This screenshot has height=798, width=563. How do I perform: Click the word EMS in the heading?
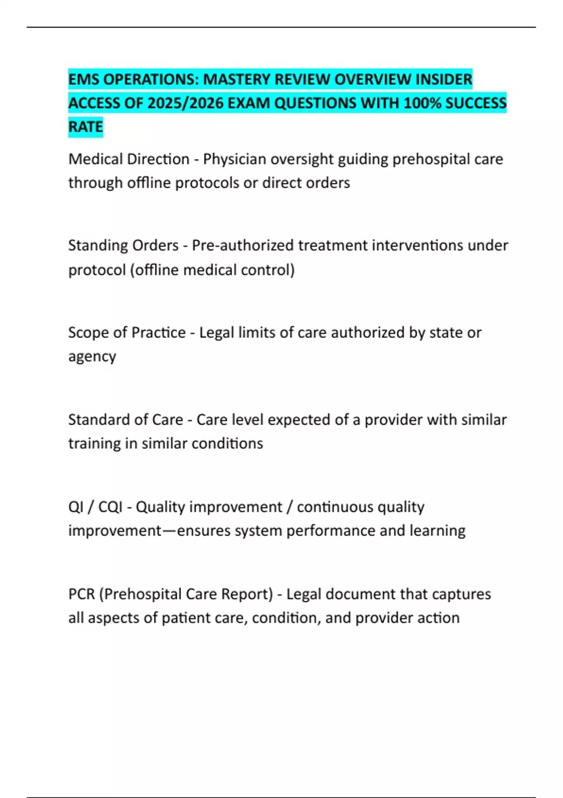[84, 80]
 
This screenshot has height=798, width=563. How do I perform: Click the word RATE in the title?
[85, 127]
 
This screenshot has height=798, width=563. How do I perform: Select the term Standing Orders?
[123, 246]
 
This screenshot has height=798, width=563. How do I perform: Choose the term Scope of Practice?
[127, 333]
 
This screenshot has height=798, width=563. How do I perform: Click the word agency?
[92, 357]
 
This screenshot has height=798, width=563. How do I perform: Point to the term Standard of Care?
[125, 420]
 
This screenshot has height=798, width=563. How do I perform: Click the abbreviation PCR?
[82, 594]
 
